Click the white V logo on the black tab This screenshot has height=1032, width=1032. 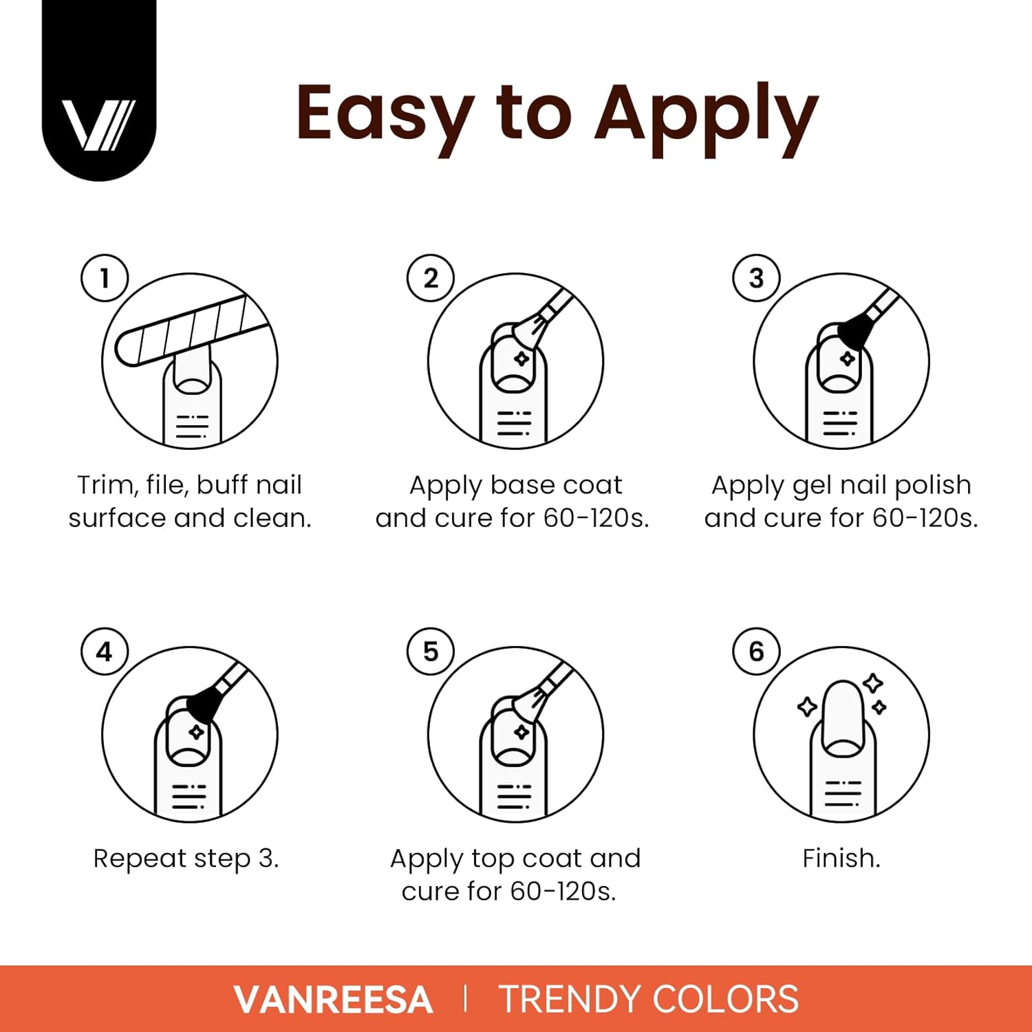click(x=98, y=125)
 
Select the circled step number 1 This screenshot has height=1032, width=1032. click(x=105, y=278)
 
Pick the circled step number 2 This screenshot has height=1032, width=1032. click(x=431, y=278)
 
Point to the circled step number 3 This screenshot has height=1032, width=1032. click(x=756, y=278)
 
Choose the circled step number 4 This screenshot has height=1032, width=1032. click(x=105, y=652)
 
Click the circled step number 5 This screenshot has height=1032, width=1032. click(x=431, y=652)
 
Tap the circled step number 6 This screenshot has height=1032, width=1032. click(x=756, y=652)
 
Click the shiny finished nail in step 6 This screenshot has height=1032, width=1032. click(x=842, y=712)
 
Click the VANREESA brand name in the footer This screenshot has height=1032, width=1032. click(x=333, y=1000)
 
